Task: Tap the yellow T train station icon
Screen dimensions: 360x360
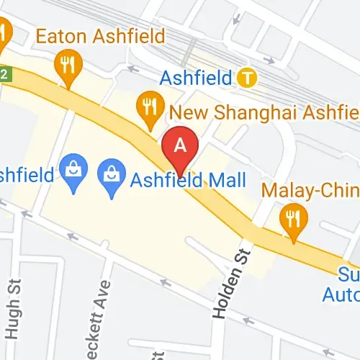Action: tap(248, 76)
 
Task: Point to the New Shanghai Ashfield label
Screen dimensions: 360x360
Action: tap(263, 112)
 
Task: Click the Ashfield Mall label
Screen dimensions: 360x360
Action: tap(188, 179)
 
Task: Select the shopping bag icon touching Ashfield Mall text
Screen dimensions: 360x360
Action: tap(112, 177)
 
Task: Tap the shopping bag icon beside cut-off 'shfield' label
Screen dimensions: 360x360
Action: tap(73, 171)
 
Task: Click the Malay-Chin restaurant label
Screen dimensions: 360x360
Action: tap(310, 191)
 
